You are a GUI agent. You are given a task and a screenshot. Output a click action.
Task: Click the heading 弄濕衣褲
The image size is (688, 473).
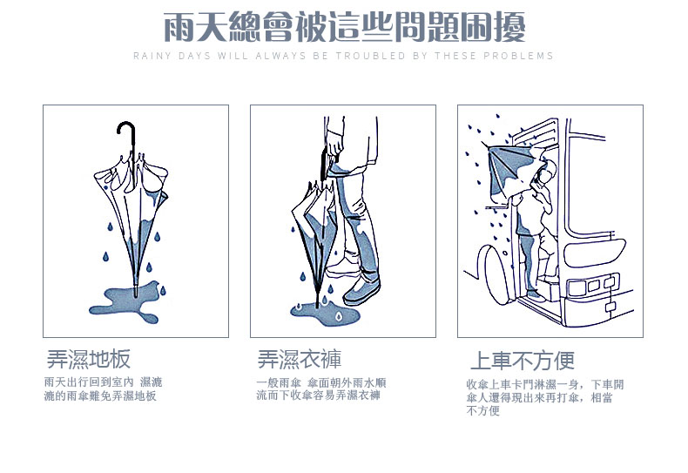299,359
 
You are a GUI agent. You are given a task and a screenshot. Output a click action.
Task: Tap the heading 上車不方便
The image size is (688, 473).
522,361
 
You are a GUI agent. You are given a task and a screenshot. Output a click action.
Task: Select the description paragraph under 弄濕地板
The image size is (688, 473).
103,389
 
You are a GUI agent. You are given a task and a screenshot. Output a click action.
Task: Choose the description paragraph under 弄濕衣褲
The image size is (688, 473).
320,389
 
